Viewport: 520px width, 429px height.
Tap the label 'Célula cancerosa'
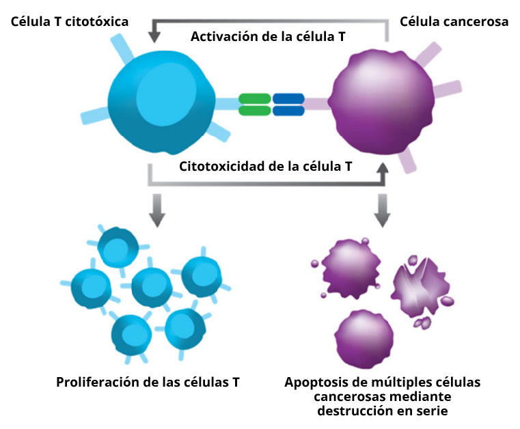(454, 22)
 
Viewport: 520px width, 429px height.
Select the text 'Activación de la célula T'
(267, 37)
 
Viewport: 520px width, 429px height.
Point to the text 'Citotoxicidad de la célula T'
(265, 165)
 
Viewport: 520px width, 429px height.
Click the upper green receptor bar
(254, 98)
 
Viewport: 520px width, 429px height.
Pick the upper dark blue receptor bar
(288, 98)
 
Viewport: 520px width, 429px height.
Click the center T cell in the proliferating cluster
(151, 286)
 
